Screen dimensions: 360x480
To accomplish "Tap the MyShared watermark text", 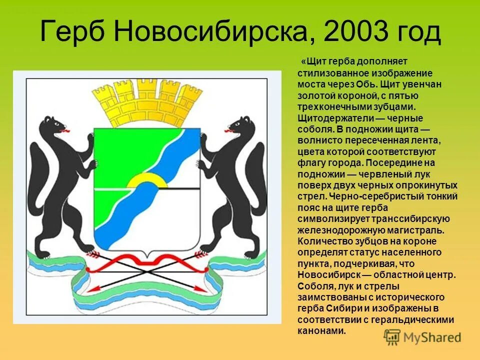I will pos(432,337).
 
